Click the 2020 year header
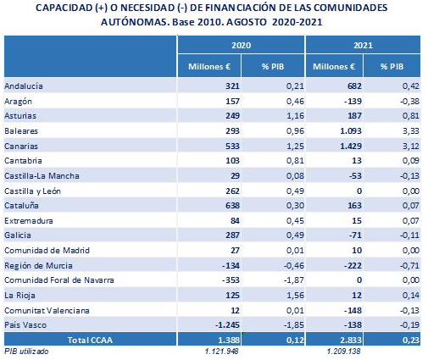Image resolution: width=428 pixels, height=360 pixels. pos(241,45)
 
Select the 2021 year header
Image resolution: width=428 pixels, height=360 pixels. pos(363,45)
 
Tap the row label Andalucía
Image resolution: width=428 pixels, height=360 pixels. pos(24,86)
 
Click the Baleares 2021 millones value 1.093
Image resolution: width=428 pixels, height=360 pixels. pos(351,131)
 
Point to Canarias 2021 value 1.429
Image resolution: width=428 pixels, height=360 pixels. pos(351,146)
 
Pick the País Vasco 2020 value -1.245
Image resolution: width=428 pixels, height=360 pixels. pos(227,325)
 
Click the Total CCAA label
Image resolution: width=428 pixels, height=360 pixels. pos(90,340)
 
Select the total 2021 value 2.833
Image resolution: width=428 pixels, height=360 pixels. pos(351,340)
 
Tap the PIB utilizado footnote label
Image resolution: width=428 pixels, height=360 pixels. pos(26,352)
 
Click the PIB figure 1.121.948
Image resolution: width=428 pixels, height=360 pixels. pos(222,352)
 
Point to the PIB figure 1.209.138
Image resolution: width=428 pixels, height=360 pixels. pos(344,352)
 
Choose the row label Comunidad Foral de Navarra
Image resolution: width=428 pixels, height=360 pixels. pos(59,280)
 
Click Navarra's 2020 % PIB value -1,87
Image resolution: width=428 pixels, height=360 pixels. pos(294,280)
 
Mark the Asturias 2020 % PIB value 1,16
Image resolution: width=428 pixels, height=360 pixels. pos(295,116)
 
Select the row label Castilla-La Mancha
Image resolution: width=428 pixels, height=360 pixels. pos(42,176)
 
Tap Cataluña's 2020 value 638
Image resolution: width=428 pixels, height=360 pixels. pos(232,205)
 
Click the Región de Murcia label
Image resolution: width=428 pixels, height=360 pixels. pos(38,265)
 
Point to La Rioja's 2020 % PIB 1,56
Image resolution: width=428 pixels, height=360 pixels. pos(295,296)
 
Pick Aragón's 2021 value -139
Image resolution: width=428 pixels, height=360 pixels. pos(353,101)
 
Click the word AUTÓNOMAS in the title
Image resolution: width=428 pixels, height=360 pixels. pos(136,22)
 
